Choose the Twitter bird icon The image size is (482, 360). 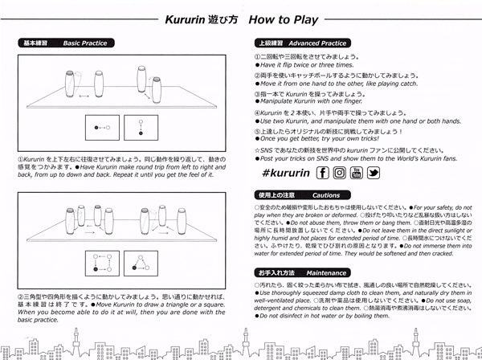point(375,172)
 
